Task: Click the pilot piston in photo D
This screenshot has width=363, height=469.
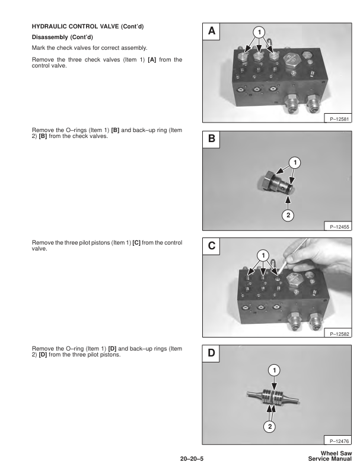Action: coord(273,396)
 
